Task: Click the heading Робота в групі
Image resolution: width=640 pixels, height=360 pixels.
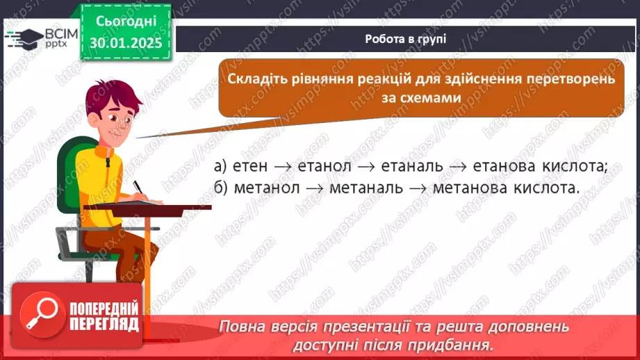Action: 406,39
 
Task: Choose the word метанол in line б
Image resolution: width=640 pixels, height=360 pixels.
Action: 265,188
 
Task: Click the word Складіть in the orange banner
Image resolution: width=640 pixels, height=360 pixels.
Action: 258,79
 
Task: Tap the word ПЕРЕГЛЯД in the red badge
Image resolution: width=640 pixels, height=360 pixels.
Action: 104,325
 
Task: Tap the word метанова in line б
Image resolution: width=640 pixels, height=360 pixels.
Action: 470,188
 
